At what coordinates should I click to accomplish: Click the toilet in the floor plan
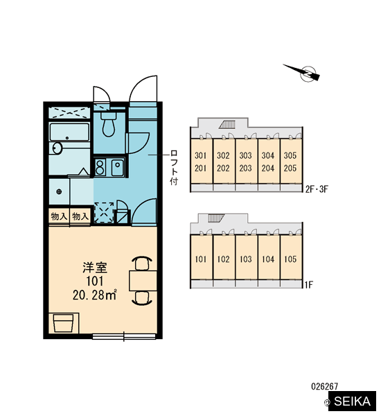pyautogui.click(x=109, y=123)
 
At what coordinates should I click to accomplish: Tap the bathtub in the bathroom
pyautogui.click(x=69, y=132)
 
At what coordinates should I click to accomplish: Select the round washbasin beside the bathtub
pyautogui.click(x=57, y=148)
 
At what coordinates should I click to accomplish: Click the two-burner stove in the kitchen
pyautogui.click(x=100, y=167)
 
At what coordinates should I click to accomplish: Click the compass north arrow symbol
pyautogui.click(x=302, y=72)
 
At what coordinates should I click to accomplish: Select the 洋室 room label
pyautogui.click(x=95, y=268)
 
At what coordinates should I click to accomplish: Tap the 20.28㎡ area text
pyautogui.click(x=95, y=295)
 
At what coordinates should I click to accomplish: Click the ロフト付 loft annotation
pyautogui.click(x=174, y=167)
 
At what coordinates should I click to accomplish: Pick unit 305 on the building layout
pyautogui.click(x=290, y=155)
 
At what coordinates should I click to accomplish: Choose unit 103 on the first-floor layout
pyautogui.click(x=245, y=259)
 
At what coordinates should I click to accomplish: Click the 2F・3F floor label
pyautogui.click(x=317, y=189)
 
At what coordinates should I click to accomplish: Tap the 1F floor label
pyautogui.click(x=309, y=285)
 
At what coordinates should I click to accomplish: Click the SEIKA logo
pyautogui.click(x=352, y=401)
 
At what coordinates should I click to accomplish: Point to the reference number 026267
pyautogui.click(x=325, y=386)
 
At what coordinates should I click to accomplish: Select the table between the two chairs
pyautogui.click(x=143, y=281)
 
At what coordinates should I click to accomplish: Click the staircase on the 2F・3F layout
pyautogui.click(x=227, y=125)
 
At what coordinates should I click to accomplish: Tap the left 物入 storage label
pyautogui.click(x=59, y=216)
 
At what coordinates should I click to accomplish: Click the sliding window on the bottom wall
pyautogui.click(x=124, y=336)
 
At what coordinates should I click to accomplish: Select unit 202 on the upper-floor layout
pyautogui.click(x=223, y=168)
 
